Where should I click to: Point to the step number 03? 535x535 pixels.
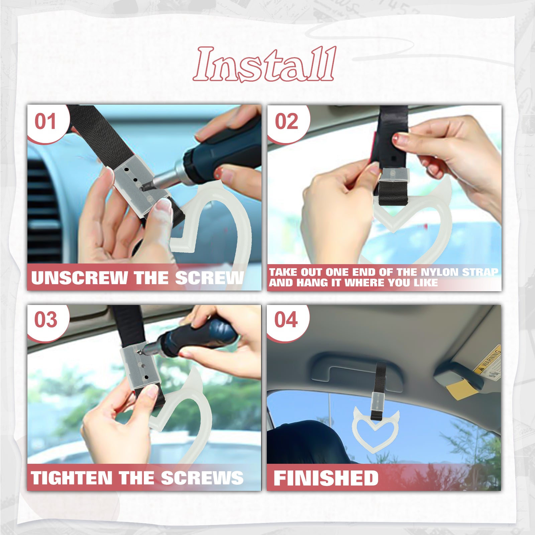pos(46,320)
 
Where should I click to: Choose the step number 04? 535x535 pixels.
pos(286,320)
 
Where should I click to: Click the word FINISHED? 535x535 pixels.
pos(326,478)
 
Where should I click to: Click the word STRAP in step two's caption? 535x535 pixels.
pos(480,272)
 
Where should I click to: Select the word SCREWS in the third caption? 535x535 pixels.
pos(202,477)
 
